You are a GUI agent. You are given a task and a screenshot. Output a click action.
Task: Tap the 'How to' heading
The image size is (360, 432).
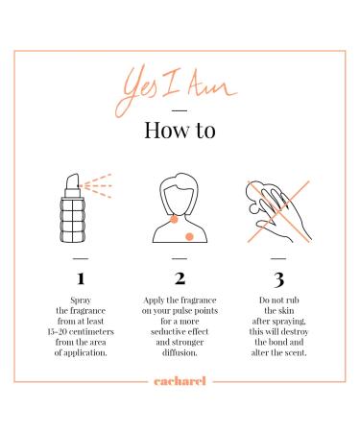pos(180,130)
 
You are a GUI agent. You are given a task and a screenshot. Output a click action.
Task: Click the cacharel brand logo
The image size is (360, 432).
pos(180,381)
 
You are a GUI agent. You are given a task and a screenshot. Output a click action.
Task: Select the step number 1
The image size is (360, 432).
pos(81,278)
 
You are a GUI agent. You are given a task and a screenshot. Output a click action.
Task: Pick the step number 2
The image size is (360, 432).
pos(180,278)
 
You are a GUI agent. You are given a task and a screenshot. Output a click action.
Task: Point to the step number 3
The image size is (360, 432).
pos(278,279)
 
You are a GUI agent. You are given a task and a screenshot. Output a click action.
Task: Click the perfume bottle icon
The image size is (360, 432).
pos(85,208)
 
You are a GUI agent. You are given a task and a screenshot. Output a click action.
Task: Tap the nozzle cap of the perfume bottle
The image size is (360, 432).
pos(73,181)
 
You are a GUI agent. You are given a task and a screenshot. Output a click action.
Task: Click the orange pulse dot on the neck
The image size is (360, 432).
pos(174,219)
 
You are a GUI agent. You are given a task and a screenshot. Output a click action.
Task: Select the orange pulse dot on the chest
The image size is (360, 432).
pos(189,237)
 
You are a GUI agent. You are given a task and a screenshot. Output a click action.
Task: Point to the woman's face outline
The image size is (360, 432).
pos(180,199)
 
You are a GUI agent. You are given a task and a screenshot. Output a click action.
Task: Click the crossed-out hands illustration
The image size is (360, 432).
pos(278,211)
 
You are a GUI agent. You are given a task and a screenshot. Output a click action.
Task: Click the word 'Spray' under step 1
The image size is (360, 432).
pos(81,300)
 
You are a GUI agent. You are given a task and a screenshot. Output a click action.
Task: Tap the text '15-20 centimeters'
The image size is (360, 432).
pos(81,331)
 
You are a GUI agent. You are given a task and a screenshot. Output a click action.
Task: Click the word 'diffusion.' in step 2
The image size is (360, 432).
pos(180,352)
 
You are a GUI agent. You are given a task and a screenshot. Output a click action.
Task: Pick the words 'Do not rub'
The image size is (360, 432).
pos(278,300)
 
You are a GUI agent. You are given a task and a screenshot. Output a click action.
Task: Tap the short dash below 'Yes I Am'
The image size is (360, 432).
pos(180,110)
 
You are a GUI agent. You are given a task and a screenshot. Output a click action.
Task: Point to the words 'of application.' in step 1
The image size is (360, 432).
pos(81,353)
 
